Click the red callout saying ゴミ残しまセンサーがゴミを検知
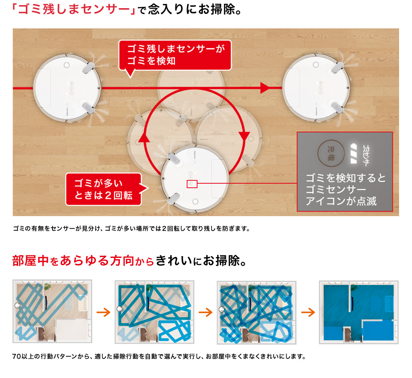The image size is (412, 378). [x=175, y=55]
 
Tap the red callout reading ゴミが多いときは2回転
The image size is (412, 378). [x=105, y=189]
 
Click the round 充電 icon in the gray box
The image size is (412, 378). [x=331, y=153]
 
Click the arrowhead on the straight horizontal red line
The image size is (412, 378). [x=265, y=88]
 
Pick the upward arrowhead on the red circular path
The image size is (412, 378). [x=144, y=137]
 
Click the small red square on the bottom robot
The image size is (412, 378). [x=192, y=184]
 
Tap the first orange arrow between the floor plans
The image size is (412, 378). [x=103, y=312]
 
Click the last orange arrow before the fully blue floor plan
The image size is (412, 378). [x=308, y=312]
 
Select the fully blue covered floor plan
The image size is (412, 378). [x=359, y=312]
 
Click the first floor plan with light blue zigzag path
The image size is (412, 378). [x=52, y=311]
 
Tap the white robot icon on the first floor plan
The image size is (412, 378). [x=18, y=305]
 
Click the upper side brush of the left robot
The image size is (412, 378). [x=88, y=68]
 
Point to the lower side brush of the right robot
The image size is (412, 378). [x=337, y=108]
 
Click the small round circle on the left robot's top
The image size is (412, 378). [x=67, y=65]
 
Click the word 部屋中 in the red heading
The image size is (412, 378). [x=31, y=260]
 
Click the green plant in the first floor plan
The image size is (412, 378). [x=47, y=286]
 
